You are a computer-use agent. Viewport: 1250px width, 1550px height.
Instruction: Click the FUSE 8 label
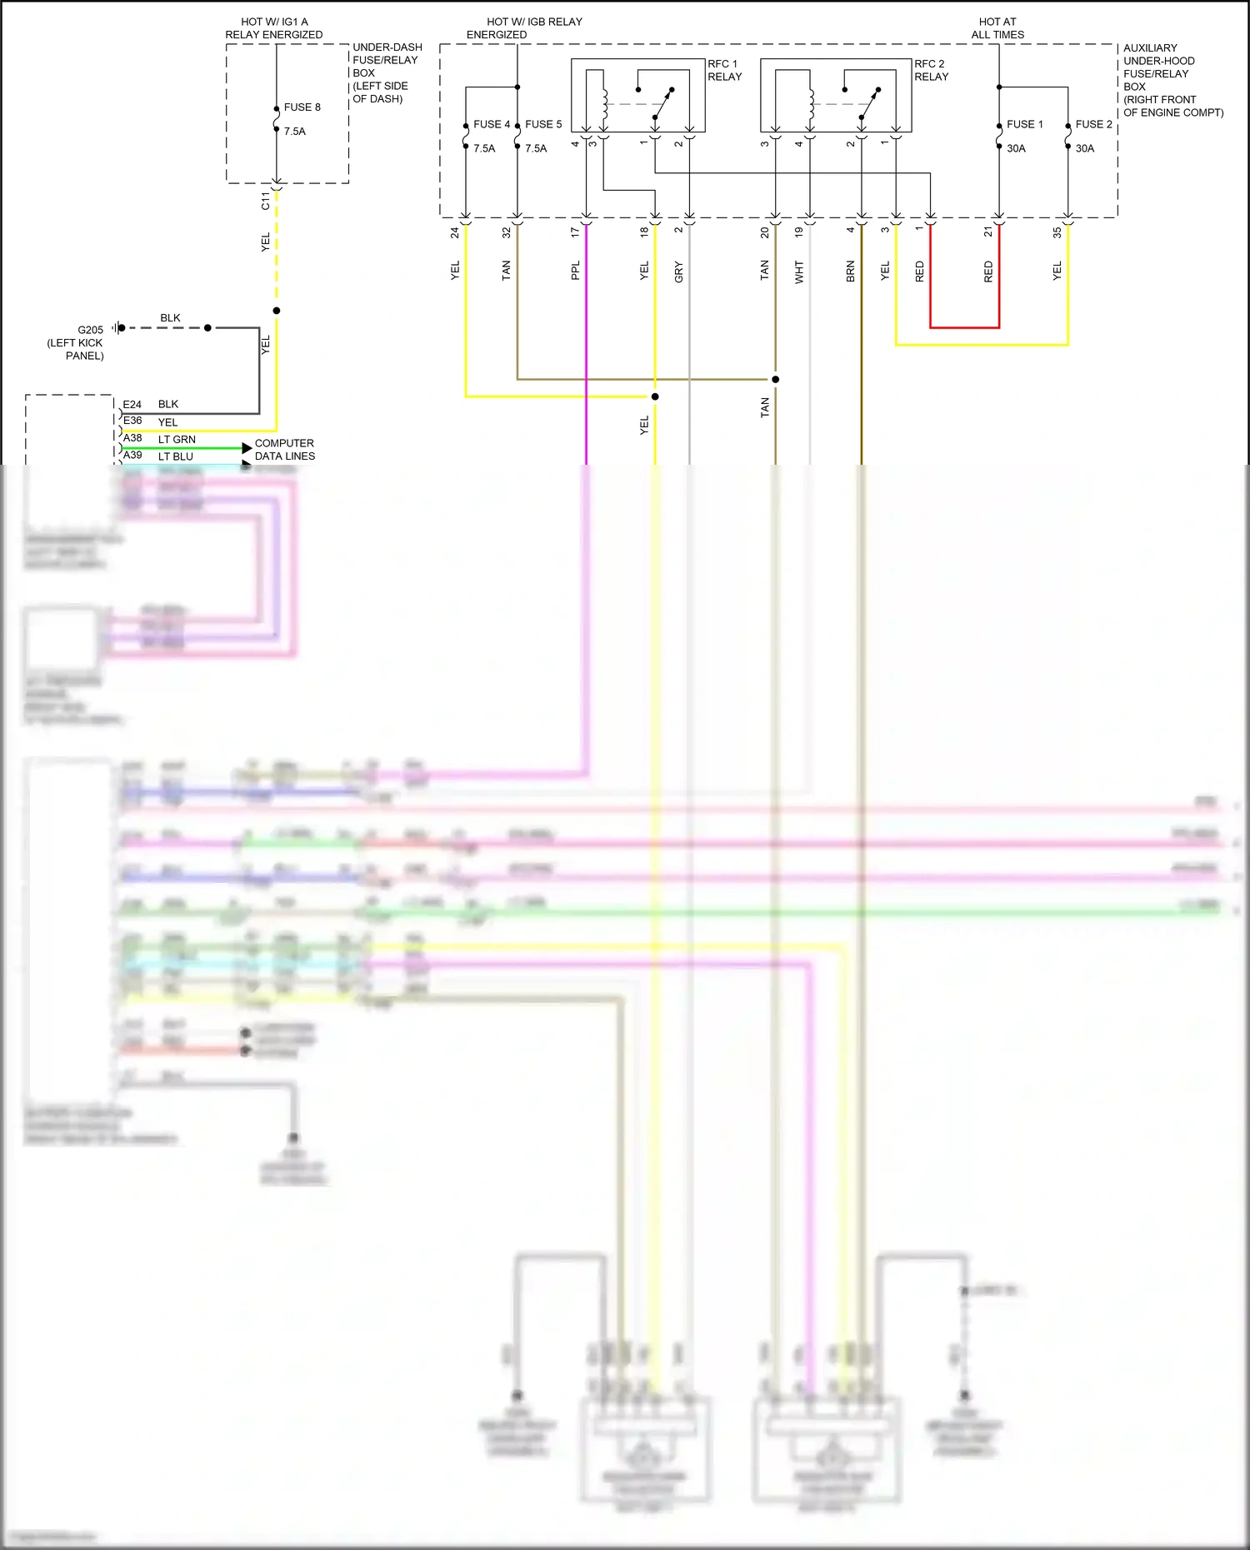coord(302,107)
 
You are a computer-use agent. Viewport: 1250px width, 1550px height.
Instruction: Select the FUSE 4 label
coord(491,124)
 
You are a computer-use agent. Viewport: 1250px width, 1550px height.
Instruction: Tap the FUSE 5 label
coord(543,124)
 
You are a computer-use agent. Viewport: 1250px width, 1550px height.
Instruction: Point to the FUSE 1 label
coord(1024,124)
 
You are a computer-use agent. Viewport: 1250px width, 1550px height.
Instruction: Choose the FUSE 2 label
coord(1093,124)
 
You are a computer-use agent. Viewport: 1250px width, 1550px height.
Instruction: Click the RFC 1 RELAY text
coord(723,70)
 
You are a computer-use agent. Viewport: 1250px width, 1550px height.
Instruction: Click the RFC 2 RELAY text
coord(931,70)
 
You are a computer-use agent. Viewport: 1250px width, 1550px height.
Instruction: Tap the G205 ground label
coord(90,330)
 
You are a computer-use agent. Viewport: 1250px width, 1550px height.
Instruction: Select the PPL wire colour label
coord(575,271)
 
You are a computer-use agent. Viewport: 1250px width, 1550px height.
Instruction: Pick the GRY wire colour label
coord(678,272)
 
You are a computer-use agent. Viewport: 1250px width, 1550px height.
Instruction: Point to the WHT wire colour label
coord(799,272)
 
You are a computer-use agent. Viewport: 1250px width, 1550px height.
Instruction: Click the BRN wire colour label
coord(851,272)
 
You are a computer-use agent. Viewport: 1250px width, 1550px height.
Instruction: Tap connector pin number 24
coord(455,233)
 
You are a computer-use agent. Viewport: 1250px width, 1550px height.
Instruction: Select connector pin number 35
coord(1057,233)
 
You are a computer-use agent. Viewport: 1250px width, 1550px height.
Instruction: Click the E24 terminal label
coord(132,405)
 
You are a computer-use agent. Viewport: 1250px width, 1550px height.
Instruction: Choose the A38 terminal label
coord(132,438)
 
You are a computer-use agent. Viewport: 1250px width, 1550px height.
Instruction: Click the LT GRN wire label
coord(177,440)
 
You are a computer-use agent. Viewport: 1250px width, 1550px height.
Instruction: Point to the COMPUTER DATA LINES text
coord(284,450)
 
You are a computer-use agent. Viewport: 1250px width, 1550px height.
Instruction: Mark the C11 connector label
coord(266,201)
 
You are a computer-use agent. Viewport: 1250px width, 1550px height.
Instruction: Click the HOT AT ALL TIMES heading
coord(997,28)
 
